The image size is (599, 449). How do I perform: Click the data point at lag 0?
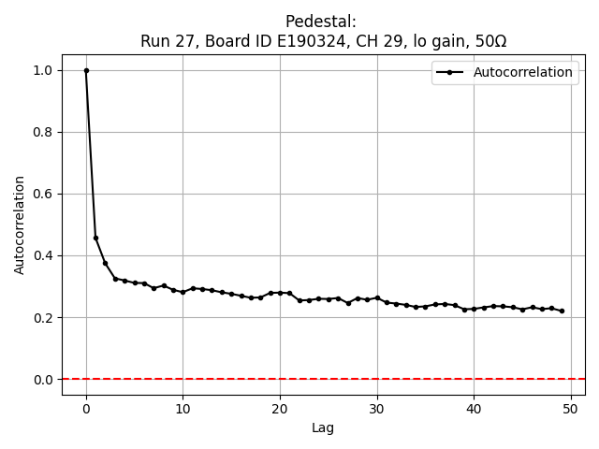click(x=86, y=70)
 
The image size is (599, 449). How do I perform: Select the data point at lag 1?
click(x=95, y=238)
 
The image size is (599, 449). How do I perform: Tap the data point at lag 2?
click(x=106, y=263)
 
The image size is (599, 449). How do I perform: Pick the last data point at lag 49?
click(x=561, y=311)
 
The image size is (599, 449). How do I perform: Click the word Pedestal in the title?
click(x=321, y=22)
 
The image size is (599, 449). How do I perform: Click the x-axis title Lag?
click(x=323, y=427)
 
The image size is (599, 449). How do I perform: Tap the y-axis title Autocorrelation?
click(x=20, y=224)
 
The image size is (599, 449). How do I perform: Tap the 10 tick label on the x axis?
click(x=183, y=408)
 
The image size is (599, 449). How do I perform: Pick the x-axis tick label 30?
click(x=376, y=408)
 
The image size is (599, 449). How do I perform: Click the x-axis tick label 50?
click(x=570, y=408)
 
